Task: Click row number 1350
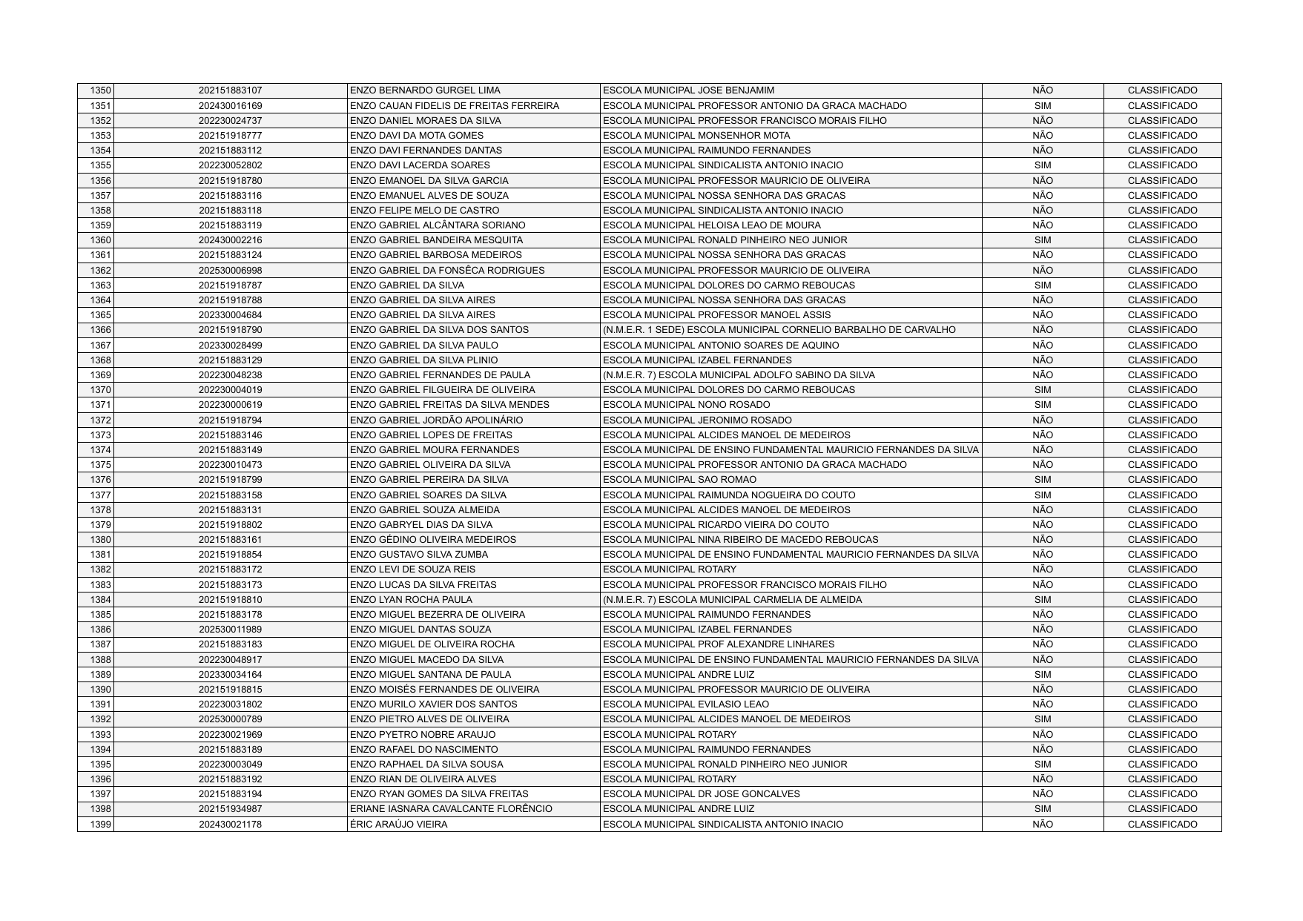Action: pyautogui.click(x=100, y=90)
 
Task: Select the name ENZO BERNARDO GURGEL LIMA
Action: pyautogui.click(x=425, y=90)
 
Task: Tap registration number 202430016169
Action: pyautogui.click(x=230, y=106)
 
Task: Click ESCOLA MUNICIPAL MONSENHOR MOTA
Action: pyautogui.click(x=696, y=136)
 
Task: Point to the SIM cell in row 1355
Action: pyautogui.click(x=1042, y=165)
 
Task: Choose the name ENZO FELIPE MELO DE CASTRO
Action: pyautogui.click(x=424, y=211)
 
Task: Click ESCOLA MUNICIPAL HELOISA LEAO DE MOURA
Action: pyautogui.click(x=712, y=225)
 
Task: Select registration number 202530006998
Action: pyautogui.click(x=230, y=271)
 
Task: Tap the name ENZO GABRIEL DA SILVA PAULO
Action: pyautogui.click(x=423, y=346)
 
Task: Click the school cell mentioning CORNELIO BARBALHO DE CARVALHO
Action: pyautogui.click(x=779, y=330)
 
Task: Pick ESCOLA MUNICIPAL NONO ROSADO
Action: pyautogui.click(x=687, y=405)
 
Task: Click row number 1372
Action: pyautogui.click(x=100, y=420)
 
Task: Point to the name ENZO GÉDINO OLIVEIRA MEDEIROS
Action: pyautogui.click(x=432, y=540)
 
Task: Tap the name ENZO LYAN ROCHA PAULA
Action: pyautogui.click(x=411, y=600)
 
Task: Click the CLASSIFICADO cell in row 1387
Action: pyautogui.click(x=1162, y=644)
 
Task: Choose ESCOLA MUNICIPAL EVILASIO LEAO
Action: pyautogui.click(x=686, y=704)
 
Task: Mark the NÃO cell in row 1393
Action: pyautogui.click(x=1042, y=734)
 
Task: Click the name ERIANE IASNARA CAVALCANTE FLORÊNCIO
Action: pyautogui.click(x=451, y=809)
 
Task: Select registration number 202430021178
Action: pyautogui.click(x=230, y=825)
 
